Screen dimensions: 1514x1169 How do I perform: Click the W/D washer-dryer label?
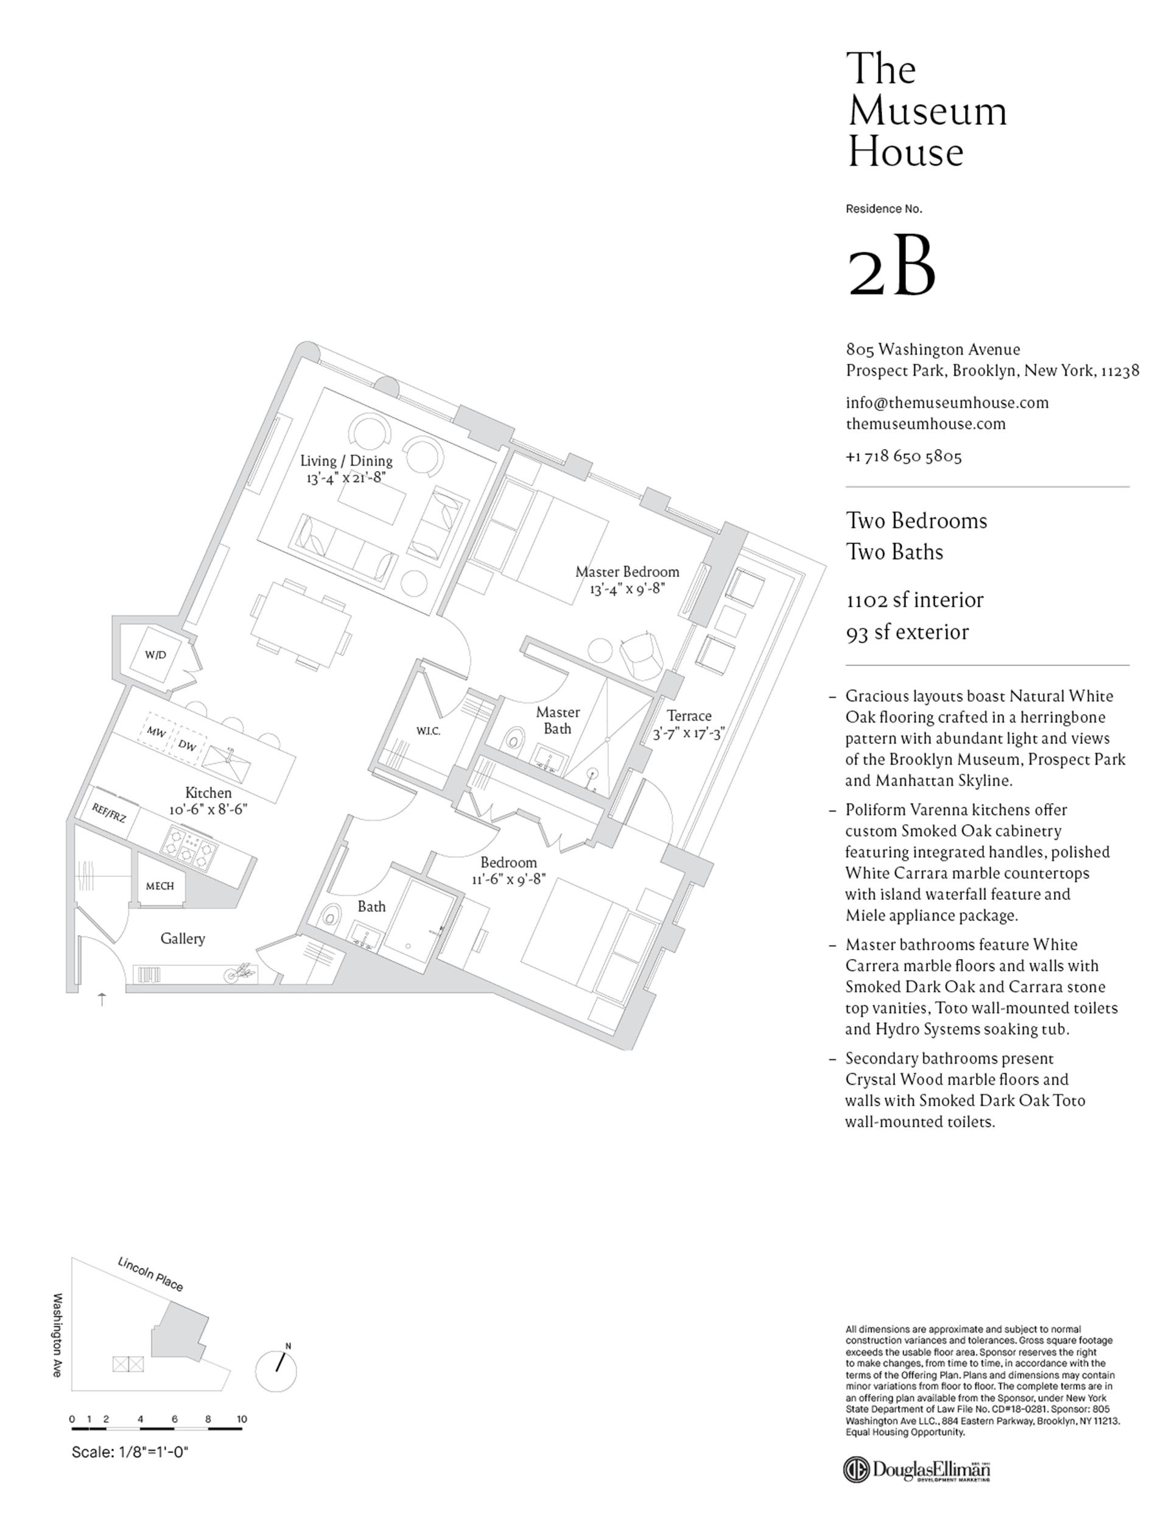[155, 654]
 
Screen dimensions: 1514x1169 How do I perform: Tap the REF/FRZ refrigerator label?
[110, 813]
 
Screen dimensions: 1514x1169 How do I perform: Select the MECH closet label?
[160, 885]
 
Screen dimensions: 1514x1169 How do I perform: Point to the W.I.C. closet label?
[428, 730]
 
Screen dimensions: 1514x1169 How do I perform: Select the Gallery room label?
[182, 939]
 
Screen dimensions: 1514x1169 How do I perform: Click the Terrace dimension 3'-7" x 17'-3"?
[688, 733]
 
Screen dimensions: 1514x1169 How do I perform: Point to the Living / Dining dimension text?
[345, 478]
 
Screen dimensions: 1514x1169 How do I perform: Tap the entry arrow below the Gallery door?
[102, 999]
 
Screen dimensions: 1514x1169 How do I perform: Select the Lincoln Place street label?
[150, 1274]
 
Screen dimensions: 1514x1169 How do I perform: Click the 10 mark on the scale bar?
[241, 1419]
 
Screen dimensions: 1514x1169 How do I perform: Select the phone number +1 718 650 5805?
[904, 456]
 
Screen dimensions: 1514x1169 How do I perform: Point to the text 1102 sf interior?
[914, 600]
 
